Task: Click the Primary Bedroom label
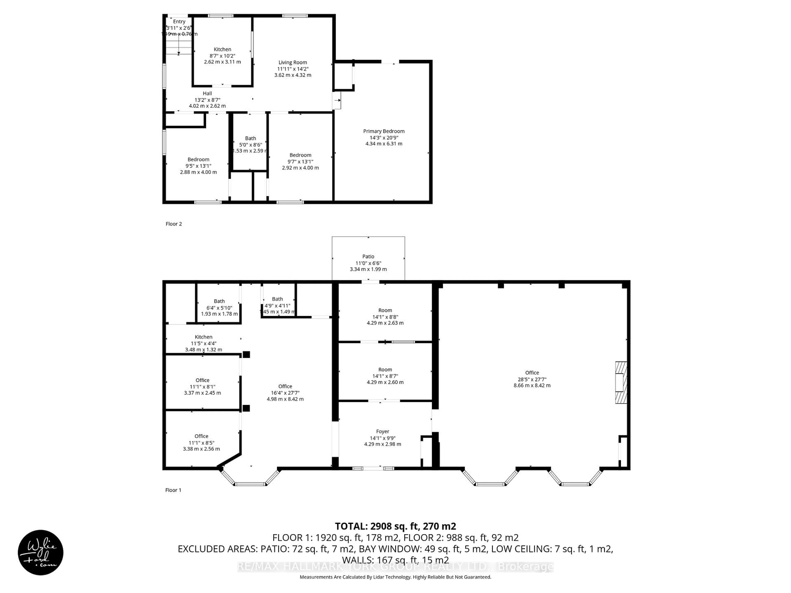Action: click(x=384, y=131)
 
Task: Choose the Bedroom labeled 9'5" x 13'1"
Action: click(x=198, y=159)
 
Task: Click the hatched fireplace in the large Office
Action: click(x=621, y=383)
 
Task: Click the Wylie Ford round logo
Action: click(x=40, y=552)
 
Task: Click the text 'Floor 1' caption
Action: click(x=173, y=490)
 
